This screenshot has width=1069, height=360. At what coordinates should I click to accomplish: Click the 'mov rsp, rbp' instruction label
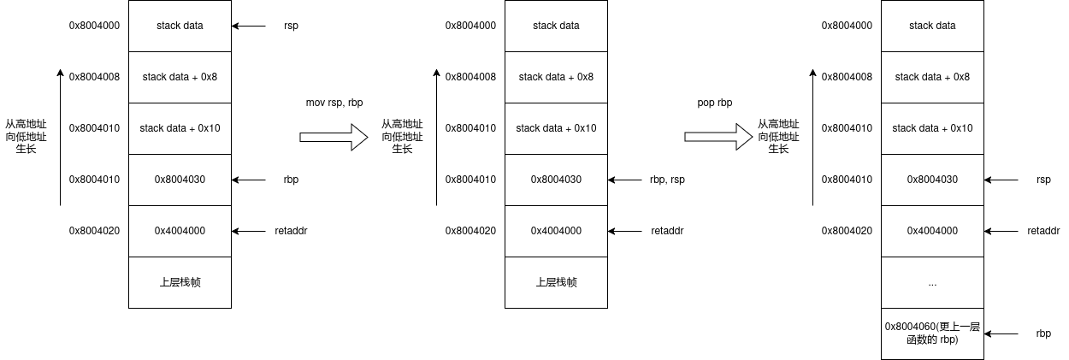point(334,103)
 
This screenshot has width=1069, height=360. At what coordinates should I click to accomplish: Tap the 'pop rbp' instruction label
point(715,103)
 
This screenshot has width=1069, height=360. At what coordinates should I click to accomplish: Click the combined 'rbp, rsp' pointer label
point(667,180)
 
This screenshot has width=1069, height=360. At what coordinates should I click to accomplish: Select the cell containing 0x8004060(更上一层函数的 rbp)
point(932,333)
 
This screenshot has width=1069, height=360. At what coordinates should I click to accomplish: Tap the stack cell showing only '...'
point(932,282)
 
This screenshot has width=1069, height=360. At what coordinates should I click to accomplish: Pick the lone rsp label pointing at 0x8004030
point(1043,180)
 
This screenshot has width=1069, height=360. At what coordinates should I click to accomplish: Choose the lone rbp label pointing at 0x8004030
point(291,180)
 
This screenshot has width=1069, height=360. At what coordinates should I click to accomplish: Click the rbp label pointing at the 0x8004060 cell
point(1043,333)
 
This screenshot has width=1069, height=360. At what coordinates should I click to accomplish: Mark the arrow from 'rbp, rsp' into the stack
point(627,180)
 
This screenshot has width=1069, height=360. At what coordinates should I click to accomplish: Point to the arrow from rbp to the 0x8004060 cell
point(1001,333)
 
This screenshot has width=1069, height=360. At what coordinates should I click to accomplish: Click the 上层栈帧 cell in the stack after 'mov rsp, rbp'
point(556,282)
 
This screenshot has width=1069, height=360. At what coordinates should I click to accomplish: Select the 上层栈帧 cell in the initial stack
point(180,282)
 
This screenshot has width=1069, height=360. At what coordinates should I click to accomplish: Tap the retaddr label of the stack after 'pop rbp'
point(1043,231)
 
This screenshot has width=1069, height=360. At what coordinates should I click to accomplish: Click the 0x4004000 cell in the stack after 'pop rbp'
point(932,231)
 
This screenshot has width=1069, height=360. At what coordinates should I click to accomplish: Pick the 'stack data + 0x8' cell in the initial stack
point(180,77)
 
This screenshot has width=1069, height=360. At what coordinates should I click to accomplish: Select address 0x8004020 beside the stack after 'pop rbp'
point(847,231)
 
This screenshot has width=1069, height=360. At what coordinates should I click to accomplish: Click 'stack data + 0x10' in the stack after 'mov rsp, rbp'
point(556,128)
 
